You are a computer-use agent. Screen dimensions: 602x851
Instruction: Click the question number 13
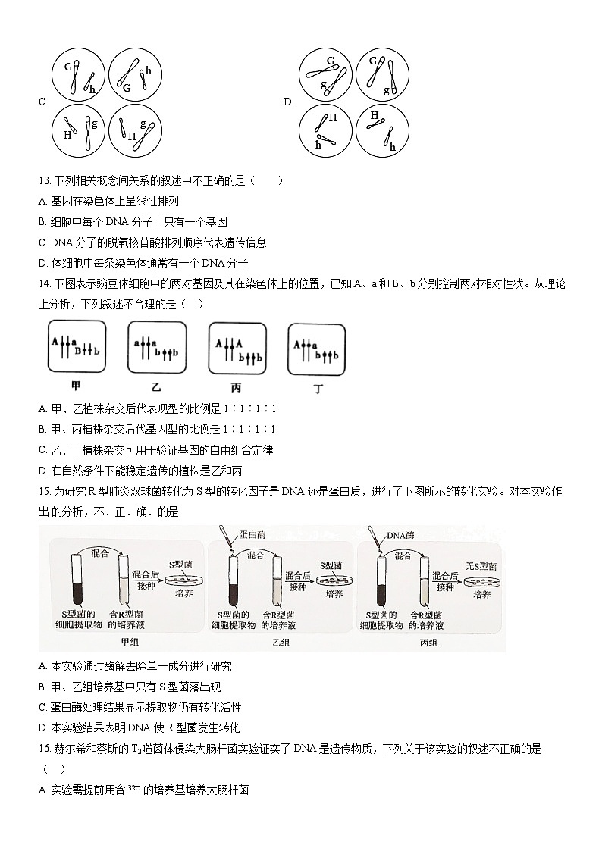43,180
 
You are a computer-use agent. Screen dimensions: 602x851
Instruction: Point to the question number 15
43,491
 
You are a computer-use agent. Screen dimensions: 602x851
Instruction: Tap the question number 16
43,749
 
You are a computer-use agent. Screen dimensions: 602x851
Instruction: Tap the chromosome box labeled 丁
317,349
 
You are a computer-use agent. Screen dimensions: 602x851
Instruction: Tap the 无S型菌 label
481,565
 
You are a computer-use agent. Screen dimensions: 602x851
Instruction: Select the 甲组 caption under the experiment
130,643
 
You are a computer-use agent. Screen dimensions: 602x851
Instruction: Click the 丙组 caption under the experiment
428,643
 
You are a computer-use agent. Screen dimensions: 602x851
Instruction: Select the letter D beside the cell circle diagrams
288,102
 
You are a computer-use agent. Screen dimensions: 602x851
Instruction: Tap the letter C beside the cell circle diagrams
42,102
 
